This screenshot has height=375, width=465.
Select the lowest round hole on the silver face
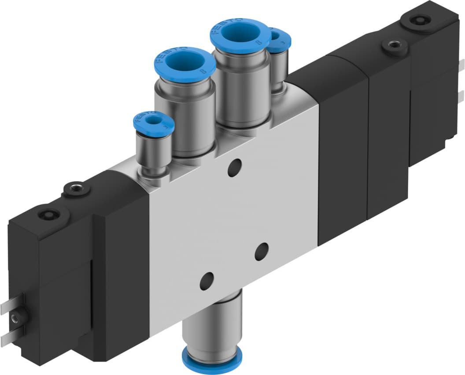[x=207, y=281]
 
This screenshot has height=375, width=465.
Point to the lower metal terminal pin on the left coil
[x=10, y=337]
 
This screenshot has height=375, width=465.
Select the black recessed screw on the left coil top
[x=48, y=215]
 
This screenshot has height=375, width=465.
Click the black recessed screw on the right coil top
[x=416, y=20]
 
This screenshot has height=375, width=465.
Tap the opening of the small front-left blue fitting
[x=153, y=120]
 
